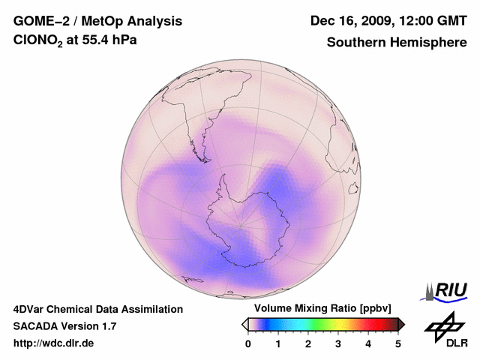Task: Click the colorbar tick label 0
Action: click(x=248, y=343)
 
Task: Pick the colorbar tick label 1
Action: click(x=278, y=343)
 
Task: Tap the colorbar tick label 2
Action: click(x=308, y=343)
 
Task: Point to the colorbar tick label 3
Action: click(x=338, y=343)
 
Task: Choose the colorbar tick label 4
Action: click(x=368, y=343)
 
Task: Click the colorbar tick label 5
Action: click(x=398, y=343)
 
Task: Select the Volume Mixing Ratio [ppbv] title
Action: click(x=320, y=309)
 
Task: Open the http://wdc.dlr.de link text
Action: click(x=54, y=343)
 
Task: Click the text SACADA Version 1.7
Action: click(x=64, y=326)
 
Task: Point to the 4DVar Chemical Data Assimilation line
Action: click(x=97, y=309)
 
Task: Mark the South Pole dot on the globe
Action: click(x=240, y=225)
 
